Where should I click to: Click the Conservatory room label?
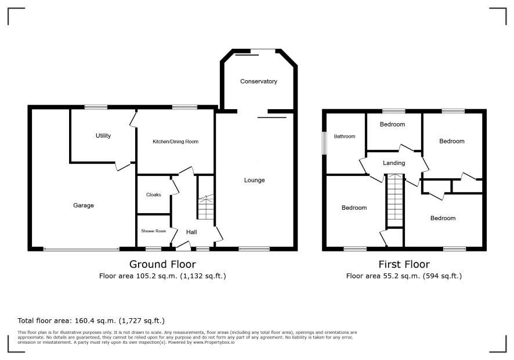tap(258, 81)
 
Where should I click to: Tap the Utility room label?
tap(103, 135)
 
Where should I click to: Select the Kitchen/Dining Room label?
tap(175, 142)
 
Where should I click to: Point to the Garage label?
tap(84, 206)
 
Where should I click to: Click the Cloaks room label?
tap(153, 195)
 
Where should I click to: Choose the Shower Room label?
tap(153, 231)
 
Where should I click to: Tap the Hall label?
tap(191, 232)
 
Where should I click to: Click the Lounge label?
tap(254, 180)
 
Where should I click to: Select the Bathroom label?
tap(344, 136)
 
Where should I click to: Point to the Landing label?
tap(394, 163)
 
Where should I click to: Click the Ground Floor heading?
tap(162, 264)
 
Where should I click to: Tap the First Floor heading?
tap(404, 264)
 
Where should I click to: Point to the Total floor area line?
tap(91, 321)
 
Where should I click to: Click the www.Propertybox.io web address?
tap(213, 342)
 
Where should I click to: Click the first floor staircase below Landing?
tap(394, 200)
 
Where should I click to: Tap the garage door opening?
tap(82, 250)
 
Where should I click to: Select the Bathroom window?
tap(324, 143)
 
